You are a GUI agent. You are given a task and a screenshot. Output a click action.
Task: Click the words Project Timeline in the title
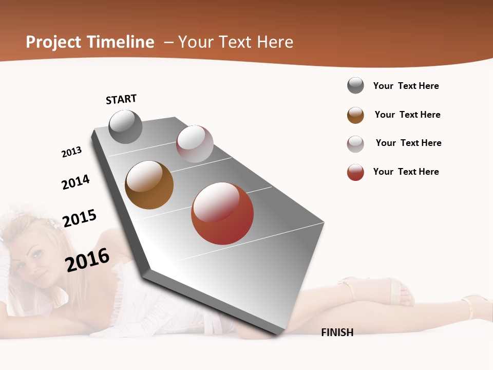90,42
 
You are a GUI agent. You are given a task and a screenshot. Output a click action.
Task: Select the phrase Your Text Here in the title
236,42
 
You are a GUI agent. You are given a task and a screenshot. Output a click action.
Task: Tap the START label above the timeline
121,99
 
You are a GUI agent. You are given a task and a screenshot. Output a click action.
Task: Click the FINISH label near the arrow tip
337,332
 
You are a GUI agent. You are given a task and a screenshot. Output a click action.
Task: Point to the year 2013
71,152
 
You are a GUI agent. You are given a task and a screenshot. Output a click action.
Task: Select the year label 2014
75,182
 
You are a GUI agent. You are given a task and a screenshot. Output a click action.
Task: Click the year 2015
80,218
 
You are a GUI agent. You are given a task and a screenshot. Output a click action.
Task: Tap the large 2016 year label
87,260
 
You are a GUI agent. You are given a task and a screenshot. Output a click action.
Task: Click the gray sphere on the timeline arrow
125,126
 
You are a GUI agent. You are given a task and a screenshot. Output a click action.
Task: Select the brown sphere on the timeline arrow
149,185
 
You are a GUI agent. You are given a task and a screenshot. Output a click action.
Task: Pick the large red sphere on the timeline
222,213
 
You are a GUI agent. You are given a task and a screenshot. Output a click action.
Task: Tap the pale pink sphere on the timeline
195,144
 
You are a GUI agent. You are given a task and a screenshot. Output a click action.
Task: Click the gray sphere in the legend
355,85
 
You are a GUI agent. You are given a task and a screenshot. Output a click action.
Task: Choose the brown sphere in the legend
355,115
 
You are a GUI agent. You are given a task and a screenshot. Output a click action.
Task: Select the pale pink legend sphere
355,144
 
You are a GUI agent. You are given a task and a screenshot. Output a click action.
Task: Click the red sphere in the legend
355,172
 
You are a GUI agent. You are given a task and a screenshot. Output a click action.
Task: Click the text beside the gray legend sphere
406,86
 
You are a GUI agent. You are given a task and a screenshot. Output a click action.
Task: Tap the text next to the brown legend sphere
407,115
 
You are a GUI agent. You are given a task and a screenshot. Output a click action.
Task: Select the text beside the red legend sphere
406,172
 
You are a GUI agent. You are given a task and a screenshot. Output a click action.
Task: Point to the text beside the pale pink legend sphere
408,143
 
